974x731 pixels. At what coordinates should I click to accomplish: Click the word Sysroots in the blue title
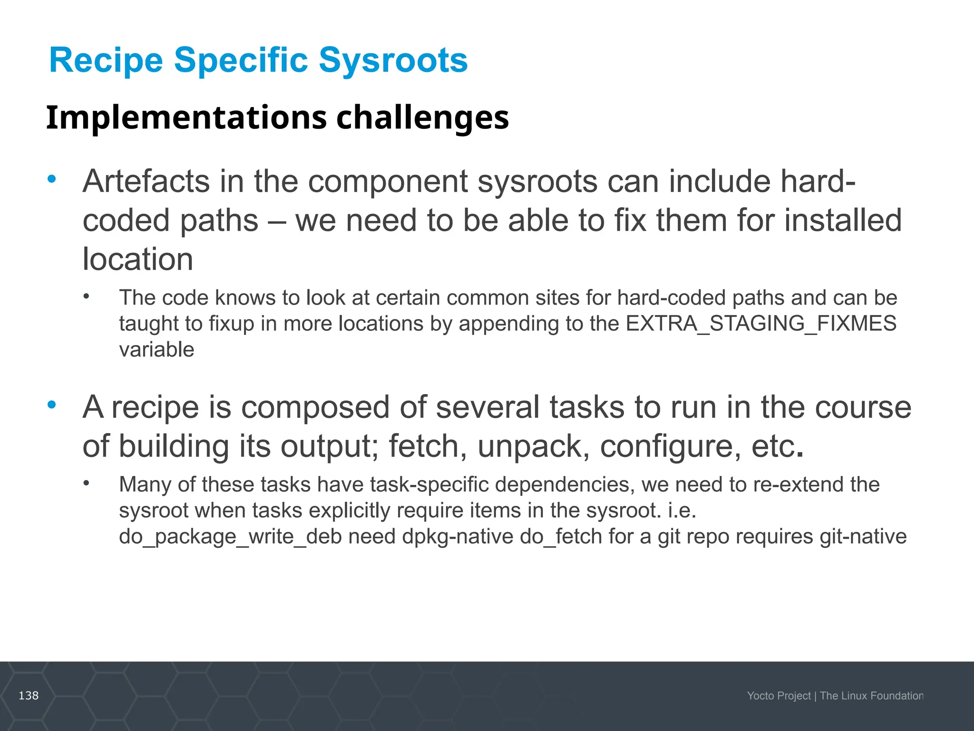[393, 60]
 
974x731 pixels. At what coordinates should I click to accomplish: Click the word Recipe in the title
[106, 60]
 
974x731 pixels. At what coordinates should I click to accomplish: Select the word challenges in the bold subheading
[422, 118]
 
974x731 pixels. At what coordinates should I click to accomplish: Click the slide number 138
[29, 696]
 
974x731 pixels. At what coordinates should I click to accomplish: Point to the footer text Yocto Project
[779, 696]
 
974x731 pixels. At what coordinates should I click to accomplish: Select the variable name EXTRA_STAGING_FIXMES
[761, 324]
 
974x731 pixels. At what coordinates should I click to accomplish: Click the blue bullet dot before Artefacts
[52, 179]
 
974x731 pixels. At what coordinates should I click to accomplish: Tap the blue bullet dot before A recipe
[52, 405]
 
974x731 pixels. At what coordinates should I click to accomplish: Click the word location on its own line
[138, 259]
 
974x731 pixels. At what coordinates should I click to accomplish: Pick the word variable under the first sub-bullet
[156, 350]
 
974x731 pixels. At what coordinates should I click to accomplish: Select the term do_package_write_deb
[230, 537]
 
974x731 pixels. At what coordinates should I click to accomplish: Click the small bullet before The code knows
[86, 296]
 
